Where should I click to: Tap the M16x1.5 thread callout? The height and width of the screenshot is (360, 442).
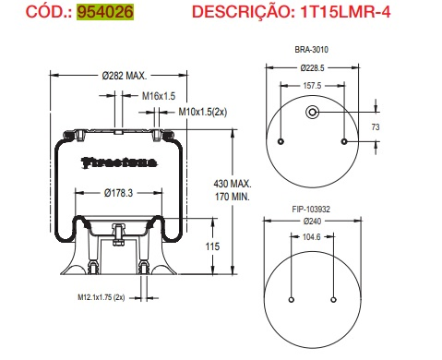pos(159,96)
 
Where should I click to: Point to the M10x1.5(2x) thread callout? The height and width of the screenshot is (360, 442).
pos(202,113)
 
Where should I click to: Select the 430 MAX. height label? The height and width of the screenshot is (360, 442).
pos(231,186)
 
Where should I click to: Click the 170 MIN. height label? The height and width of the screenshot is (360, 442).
pos(231,198)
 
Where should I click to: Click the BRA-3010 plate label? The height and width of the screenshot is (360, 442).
pos(312,50)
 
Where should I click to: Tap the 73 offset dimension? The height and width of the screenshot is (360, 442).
pos(376,126)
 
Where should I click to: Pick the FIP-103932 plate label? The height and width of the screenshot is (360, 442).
pos(312,209)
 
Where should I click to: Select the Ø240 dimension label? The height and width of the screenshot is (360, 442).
pos(312,221)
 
